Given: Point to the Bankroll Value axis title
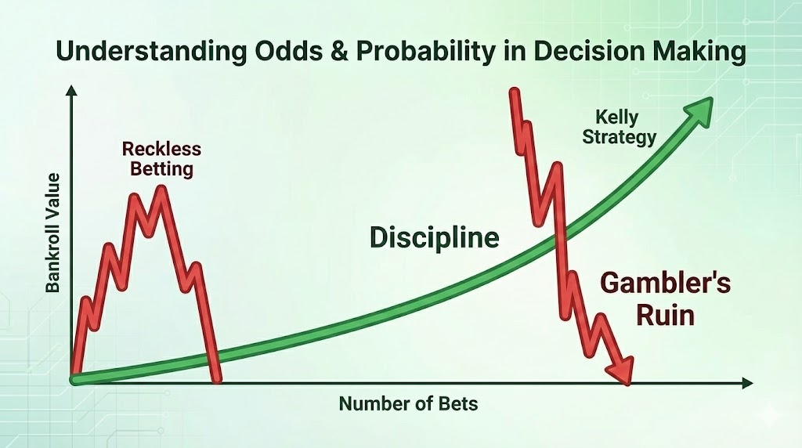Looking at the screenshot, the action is tap(52, 233).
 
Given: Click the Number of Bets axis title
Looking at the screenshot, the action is tap(408, 404).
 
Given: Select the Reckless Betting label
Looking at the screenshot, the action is tap(161, 158).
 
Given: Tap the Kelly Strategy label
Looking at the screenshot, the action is tap(619, 128).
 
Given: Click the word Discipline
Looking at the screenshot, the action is tap(434, 238).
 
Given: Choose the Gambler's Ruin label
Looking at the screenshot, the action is tap(665, 299).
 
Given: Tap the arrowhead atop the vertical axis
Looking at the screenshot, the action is tap(71, 91).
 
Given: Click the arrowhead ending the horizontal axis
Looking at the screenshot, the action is tap(747, 383).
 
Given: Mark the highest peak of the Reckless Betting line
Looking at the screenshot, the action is tap(162, 189).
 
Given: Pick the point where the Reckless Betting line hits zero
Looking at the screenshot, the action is tap(217, 380).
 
